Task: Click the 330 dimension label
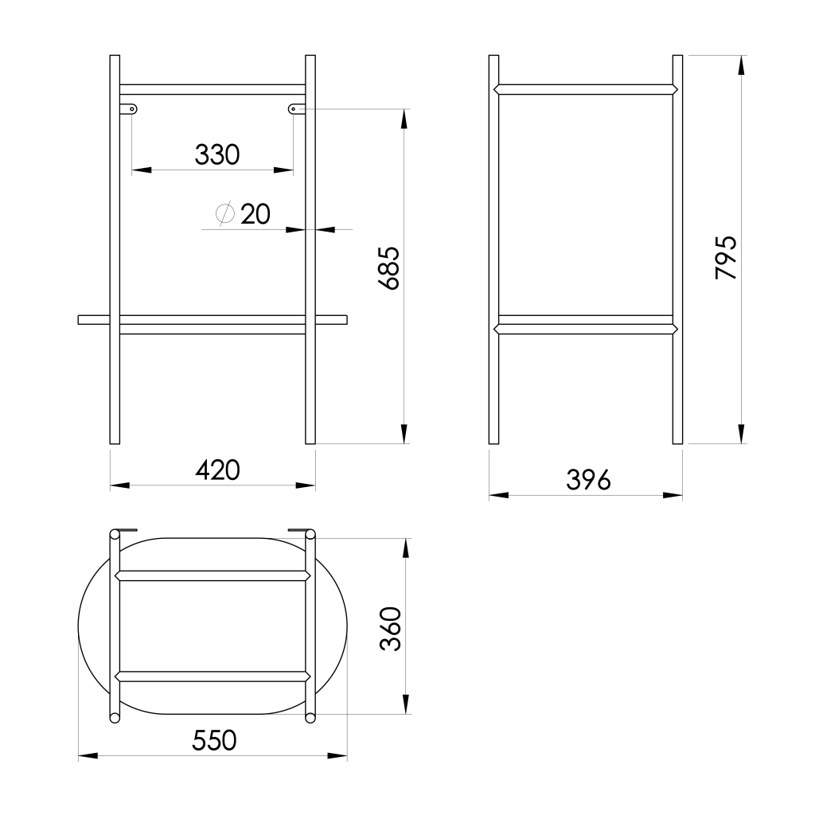pos(216,154)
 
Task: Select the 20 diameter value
pos(255,214)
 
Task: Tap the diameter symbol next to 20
pos(224,213)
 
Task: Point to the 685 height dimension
pos(389,268)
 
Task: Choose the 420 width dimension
pos(217,470)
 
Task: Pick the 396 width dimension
pos(588,480)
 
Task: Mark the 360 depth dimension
pos(389,629)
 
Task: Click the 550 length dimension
pos(214,741)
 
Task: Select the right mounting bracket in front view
pos(296,108)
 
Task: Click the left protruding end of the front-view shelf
pos(93,319)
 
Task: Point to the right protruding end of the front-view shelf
pos(332,319)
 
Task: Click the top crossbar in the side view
pos(586,89)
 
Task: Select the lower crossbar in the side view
pos(586,326)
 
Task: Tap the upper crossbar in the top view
pos(213,575)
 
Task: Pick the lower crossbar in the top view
pos(213,677)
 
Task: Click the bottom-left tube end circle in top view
pos(115,718)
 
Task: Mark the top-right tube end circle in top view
pos(310,534)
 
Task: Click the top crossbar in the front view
pos(213,89)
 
